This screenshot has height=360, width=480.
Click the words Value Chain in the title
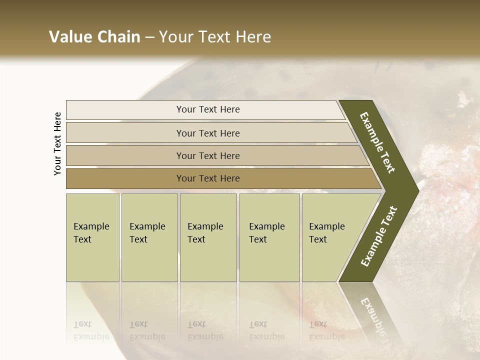tap(94, 37)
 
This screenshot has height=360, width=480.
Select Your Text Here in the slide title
tap(215, 37)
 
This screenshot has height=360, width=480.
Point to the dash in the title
tap(149, 37)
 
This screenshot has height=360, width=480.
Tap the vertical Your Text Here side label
tap(57, 143)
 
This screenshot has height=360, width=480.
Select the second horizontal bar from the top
tap(207, 133)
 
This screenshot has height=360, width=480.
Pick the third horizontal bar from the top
tap(207, 155)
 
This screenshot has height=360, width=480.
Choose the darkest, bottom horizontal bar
tap(207, 178)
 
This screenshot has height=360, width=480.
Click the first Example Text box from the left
tap(92, 237)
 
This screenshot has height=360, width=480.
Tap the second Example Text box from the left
tap(149, 237)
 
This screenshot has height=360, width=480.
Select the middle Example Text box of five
tap(208, 237)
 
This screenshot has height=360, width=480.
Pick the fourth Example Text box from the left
tap(269, 237)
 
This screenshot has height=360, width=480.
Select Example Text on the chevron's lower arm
tap(379, 236)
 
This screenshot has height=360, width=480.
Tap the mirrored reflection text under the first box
tap(91, 330)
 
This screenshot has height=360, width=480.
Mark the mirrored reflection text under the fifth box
tap(326, 330)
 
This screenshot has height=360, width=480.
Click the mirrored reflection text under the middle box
tap(205, 330)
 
